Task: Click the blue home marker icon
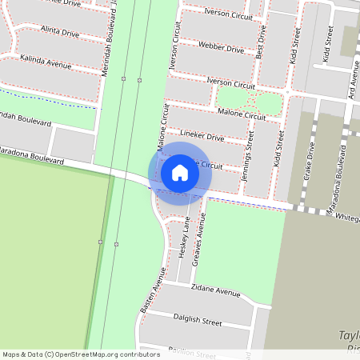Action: pos(180,173)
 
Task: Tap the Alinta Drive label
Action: pos(60,33)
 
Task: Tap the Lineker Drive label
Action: pos(202,137)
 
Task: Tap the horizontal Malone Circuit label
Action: pos(241,116)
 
